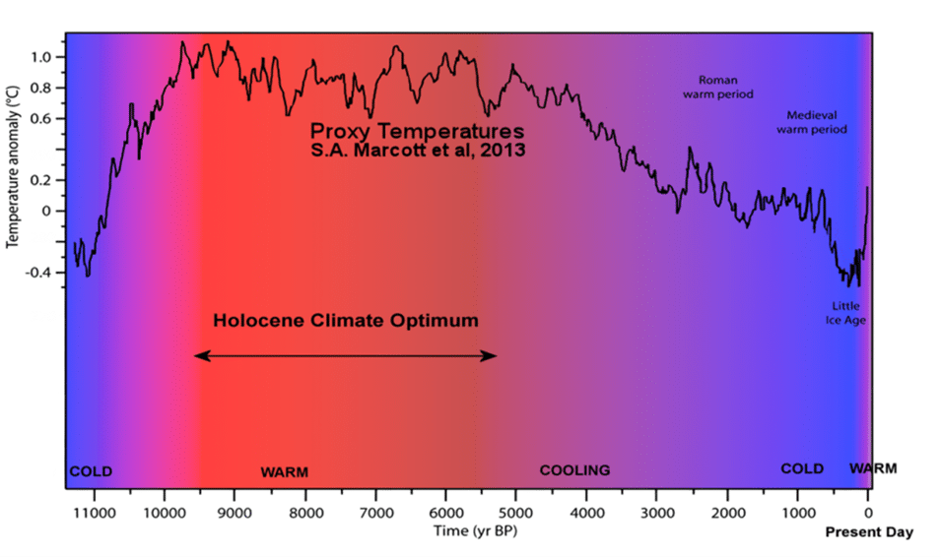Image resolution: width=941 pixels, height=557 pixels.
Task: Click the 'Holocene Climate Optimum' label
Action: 346,321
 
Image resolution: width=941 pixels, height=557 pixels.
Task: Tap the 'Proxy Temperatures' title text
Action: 417,131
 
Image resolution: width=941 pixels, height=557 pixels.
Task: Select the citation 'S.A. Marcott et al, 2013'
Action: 417,152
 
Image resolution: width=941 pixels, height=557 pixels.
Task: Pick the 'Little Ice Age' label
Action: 845,313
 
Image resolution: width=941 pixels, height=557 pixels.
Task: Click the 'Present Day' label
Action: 868,532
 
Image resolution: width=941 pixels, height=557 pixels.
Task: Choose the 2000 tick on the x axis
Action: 727,513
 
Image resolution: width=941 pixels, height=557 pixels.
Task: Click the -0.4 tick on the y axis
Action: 38,273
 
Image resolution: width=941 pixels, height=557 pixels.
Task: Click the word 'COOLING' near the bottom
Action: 574,470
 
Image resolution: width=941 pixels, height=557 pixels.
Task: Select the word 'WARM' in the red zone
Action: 284,472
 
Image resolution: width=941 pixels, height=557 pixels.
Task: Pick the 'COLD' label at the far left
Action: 91,471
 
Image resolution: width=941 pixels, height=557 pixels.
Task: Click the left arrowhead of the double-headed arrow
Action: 198,356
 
